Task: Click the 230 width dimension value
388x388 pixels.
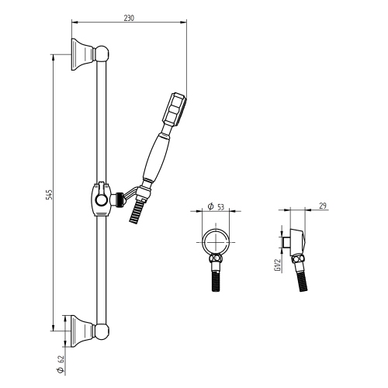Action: [129, 18]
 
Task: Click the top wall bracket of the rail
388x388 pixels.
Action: [81, 53]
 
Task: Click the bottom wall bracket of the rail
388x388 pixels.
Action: [81, 331]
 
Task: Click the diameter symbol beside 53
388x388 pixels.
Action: [211, 207]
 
